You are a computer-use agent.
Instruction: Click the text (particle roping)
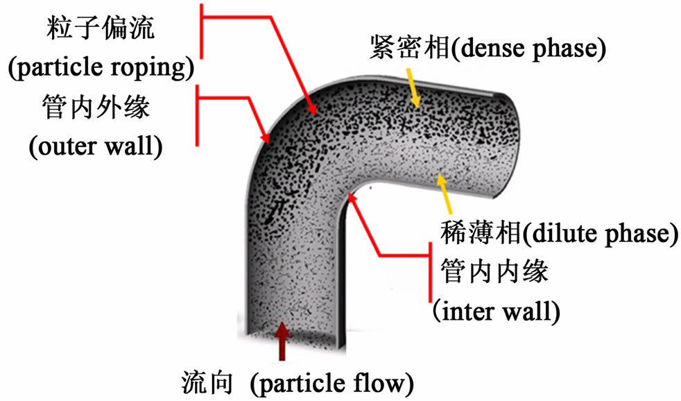101,69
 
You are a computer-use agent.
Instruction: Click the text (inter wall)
495,310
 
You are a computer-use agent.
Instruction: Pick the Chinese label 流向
203,381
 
